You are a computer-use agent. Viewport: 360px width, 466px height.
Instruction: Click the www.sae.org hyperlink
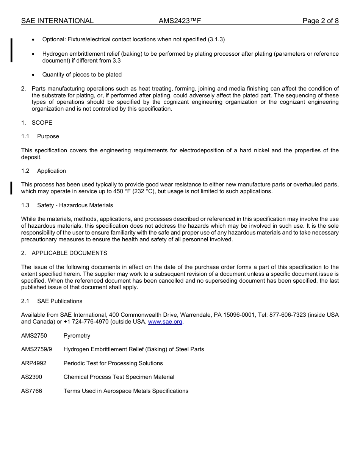(x=165, y=322)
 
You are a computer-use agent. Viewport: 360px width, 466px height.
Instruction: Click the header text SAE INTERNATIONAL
(x=57, y=21)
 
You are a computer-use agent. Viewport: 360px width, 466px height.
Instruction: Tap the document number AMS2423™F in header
(x=180, y=21)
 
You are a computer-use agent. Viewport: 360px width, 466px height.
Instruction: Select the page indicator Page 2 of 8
(x=320, y=21)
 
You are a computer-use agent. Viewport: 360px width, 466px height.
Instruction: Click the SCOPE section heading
(x=42, y=123)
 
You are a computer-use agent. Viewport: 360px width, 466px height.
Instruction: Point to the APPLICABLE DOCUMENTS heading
(x=69, y=253)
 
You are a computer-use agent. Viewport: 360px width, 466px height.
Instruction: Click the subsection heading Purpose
(x=48, y=136)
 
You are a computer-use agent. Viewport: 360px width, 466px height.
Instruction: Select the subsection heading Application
(x=52, y=171)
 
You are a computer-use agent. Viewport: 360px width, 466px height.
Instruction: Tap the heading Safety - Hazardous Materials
(x=75, y=205)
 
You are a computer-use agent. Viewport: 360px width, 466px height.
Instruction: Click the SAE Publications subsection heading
(x=59, y=301)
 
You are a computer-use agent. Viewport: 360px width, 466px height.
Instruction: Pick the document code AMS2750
(x=34, y=336)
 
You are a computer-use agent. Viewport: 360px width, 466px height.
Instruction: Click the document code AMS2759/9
(x=37, y=349)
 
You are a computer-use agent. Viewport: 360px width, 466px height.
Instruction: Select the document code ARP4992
(x=34, y=363)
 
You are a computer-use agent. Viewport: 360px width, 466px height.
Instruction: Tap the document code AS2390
(x=32, y=377)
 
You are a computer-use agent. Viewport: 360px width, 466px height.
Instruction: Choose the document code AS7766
(x=32, y=391)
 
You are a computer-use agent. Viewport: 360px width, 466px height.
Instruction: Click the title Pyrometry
(x=77, y=336)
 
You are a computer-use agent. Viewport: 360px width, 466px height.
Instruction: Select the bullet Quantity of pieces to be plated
(x=82, y=75)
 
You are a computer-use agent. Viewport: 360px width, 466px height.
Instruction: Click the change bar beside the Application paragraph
(x=11, y=188)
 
